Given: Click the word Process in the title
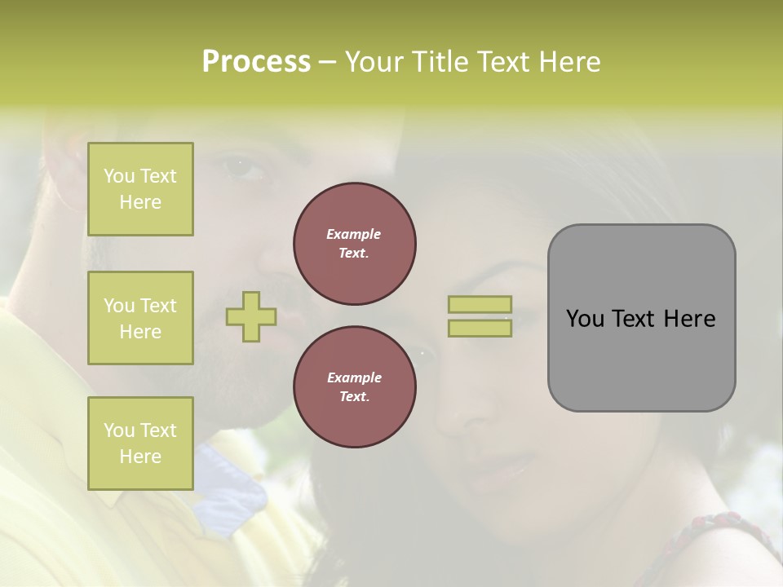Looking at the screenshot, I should pyautogui.click(x=256, y=62).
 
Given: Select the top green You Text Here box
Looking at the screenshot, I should pyautogui.click(x=140, y=189).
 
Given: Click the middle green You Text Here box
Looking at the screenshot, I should pyautogui.click(x=140, y=318).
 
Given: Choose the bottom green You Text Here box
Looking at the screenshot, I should pyautogui.click(x=140, y=444).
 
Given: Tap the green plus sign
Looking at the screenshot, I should pyautogui.click(x=251, y=316).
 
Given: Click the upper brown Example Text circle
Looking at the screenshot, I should pyautogui.click(x=355, y=244).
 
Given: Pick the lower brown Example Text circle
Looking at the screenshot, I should pyautogui.click(x=355, y=387).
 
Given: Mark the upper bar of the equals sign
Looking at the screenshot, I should pyautogui.click(x=480, y=304).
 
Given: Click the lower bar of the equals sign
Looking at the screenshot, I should pyautogui.click(x=480, y=329).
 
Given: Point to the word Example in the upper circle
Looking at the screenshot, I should pyautogui.click(x=354, y=234).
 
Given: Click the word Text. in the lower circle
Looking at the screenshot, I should pyautogui.click(x=354, y=397).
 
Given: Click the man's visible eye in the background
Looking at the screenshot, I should pyautogui.click(x=245, y=169).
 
